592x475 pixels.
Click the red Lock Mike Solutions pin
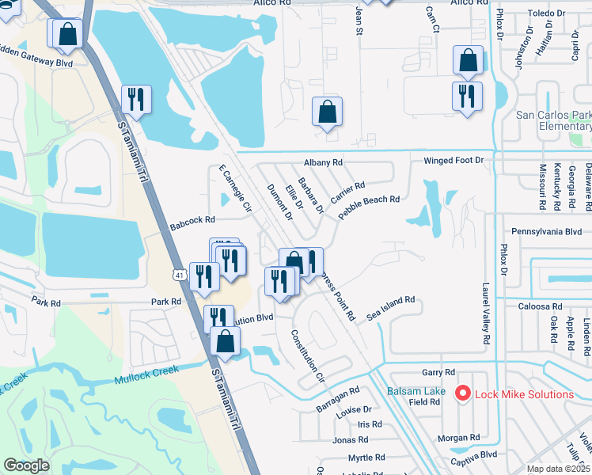pos(462,393)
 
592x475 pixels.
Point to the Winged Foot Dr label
pos(453,161)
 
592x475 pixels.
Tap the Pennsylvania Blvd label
pos(546,233)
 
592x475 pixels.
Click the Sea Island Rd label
pos(391,309)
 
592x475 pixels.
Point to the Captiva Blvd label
pos(474,454)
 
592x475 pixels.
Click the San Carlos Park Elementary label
pos(553,120)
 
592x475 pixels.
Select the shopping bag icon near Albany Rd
pos(327,112)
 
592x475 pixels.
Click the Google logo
pos(27,465)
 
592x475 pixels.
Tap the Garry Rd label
pos(438,372)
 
